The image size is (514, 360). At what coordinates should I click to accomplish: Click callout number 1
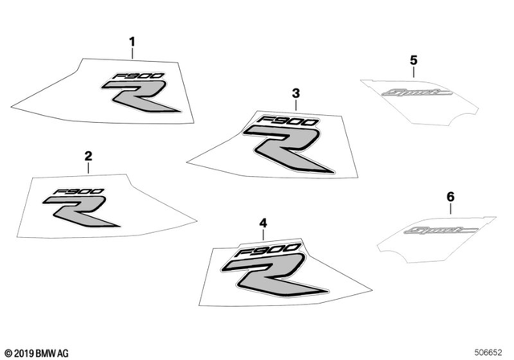[x=133, y=41]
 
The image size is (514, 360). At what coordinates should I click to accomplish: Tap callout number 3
[x=296, y=94]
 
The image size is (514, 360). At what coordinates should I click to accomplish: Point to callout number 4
[x=262, y=223]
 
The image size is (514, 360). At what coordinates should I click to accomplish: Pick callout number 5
[x=414, y=60]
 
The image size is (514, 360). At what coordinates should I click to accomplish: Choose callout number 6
[x=450, y=197]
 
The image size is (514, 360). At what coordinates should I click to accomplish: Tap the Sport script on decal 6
[x=445, y=233]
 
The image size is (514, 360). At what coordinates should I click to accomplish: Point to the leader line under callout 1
[x=133, y=54]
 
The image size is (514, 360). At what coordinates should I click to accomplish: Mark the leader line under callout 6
[x=450, y=209]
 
